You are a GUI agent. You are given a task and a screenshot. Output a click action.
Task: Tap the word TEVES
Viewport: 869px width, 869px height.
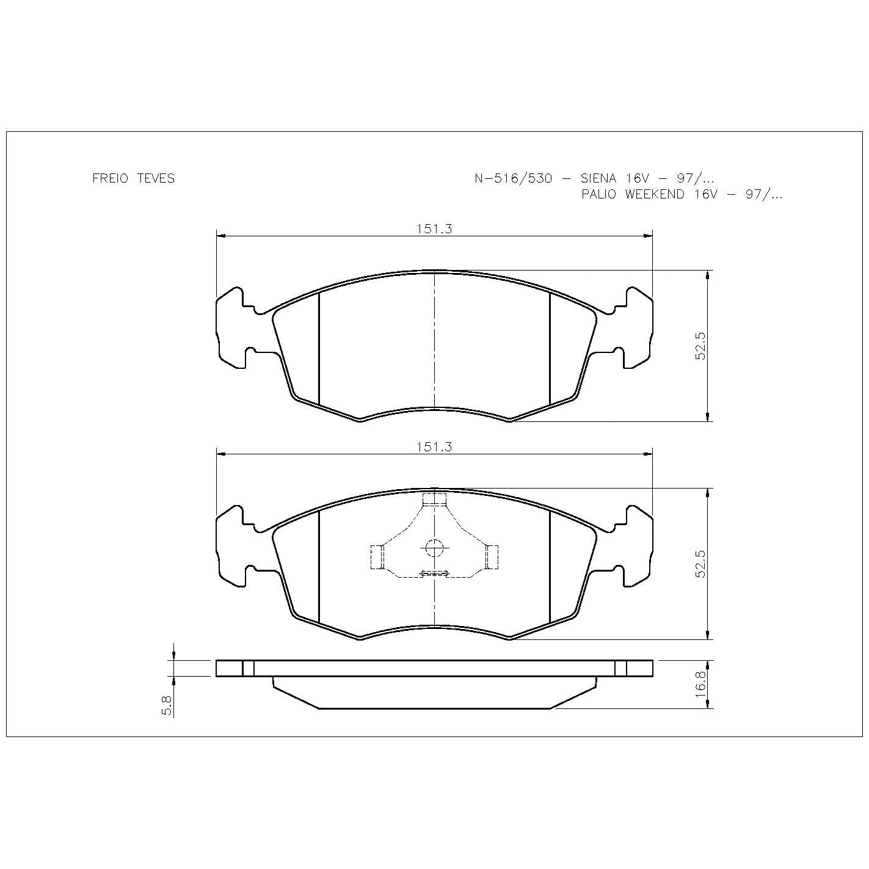[156, 178]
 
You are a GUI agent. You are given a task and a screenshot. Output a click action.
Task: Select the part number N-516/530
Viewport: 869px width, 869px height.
[513, 178]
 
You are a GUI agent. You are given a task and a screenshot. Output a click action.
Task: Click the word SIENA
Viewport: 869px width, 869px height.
[598, 178]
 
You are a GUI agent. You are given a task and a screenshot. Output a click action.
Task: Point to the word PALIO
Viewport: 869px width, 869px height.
[598, 194]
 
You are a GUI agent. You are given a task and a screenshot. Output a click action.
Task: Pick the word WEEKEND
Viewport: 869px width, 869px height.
[654, 194]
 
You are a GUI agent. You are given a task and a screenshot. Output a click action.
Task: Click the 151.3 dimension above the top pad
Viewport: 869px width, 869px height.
[434, 229]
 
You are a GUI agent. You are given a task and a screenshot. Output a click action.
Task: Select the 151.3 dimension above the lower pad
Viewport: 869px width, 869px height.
[434, 447]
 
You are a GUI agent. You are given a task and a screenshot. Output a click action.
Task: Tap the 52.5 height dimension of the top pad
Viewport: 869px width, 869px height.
[700, 346]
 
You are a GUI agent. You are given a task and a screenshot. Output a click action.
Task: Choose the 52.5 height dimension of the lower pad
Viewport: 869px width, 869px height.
[700, 564]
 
